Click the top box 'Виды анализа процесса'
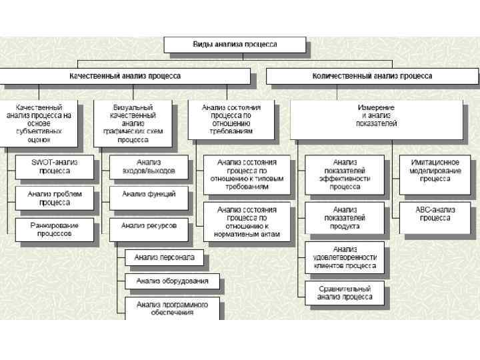pyautogui.click(x=235, y=45)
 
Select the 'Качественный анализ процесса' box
pyautogui.click(x=125, y=76)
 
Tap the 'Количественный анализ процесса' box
pyautogui.click(x=372, y=76)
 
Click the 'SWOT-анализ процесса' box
pyautogui.click(x=54, y=167)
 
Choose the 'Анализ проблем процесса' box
pyautogui.click(x=54, y=198)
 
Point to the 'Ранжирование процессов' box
pyautogui.click(x=54, y=229)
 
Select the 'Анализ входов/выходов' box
pyautogui.click(x=149, y=167)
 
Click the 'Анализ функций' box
pyautogui.click(x=149, y=194)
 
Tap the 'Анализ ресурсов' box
pyautogui.click(x=149, y=226)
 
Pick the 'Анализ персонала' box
pyautogui.click(x=164, y=257)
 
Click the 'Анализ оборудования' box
pyautogui.click(x=172, y=281)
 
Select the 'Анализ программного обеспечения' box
pyautogui.click(x=172, y=308)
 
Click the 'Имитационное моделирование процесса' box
pyautogui.click(x=435, y=170)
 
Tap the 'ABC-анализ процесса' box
pyautogui.click(x=435, y=214)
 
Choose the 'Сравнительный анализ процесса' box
pyautogui.click(x=345, y=293)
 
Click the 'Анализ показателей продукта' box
pyautogui.click(x=345, y=217)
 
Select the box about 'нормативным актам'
pyautogui.click(x=247, y=222)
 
